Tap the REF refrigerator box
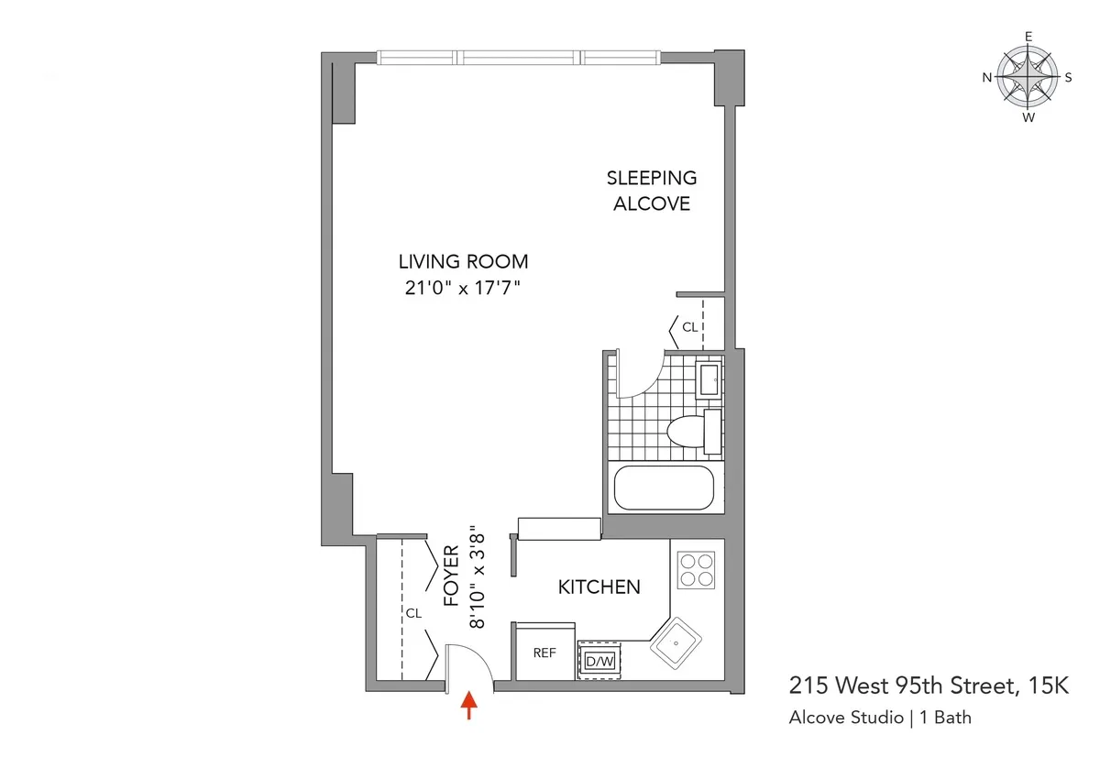(544, 653)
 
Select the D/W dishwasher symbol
(599, 660)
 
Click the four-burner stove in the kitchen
(696, 569)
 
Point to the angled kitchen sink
(677, 645)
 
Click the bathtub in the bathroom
(663, 488)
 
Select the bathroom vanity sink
(709, 378)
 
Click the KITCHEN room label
(599, 587)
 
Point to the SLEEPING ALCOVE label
(652, 191)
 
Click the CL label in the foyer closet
(413, 613)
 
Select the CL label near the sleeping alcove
(689, 326)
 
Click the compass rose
(1028, 78)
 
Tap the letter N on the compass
(987, 78)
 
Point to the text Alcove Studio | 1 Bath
(880, 718)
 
